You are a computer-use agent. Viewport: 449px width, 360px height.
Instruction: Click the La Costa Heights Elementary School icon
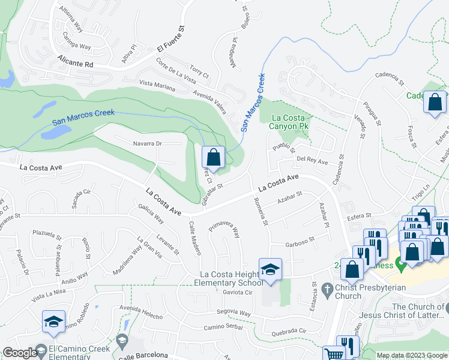[270, 268]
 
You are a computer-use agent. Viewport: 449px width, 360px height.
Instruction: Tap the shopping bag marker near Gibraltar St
[213, 158]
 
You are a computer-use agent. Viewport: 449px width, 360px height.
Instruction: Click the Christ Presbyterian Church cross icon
[327, 288]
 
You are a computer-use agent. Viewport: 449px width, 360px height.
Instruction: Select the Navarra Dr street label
[147, 143]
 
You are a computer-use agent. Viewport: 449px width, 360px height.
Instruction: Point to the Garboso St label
[300, 241]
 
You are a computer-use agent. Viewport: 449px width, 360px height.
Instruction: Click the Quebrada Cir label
[289, 331]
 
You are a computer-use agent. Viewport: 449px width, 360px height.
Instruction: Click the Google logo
[20, 353]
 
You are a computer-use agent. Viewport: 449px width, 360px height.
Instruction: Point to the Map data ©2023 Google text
[411, 355]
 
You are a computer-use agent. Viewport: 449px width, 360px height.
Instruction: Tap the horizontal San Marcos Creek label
[83, 116]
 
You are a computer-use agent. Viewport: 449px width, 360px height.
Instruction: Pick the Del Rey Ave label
[312, 161]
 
